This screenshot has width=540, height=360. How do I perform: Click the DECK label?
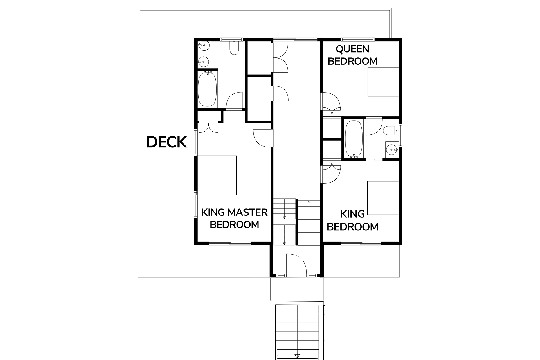click(x=167, y=142)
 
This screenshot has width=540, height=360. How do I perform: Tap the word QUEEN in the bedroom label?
click(x=352, y=49)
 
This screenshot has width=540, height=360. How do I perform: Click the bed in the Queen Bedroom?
click(x=383, y=82)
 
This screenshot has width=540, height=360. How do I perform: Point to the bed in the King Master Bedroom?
click(x=216, y=175)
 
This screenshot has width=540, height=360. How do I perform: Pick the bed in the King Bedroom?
click(x=383, y=198)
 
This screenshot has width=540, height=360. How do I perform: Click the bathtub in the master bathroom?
click(x=208, y=89)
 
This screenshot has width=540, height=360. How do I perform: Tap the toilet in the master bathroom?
click(x=234, y=48)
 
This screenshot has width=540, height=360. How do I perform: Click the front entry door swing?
click(x=296, y=264)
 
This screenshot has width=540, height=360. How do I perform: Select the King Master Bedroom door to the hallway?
click(x=263, y=138)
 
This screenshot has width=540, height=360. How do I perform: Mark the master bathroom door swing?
click(x=234, y=100)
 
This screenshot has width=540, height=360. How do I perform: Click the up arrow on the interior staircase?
click(x=309, y=202)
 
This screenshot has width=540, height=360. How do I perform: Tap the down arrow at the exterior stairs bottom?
click(x=297, y=356)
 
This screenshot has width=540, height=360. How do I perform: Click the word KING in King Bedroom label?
click(x=352, y=214)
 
